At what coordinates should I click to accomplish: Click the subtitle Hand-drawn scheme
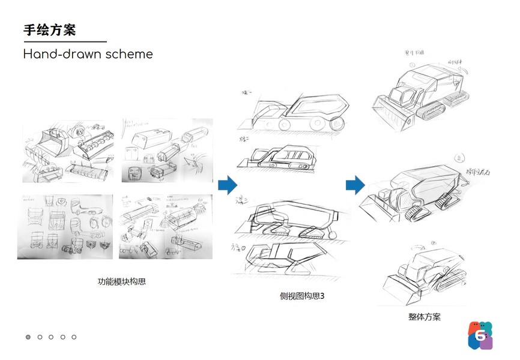[x=88, y=55]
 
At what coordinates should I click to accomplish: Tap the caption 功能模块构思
[x=122, y=281]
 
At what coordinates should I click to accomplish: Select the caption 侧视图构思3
[x=301, y=296]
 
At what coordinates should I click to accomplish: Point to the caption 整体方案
[x=424, y=316]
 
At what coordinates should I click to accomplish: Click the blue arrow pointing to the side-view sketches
[x=228, y=185]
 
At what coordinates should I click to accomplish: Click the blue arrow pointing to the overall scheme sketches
[x=355, y=185]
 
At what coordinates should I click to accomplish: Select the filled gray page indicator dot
[x=28, y=337]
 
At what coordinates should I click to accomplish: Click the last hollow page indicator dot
[x=74, y=337]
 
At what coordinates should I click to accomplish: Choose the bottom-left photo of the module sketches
[x=65, y=226]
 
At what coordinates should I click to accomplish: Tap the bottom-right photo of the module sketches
[x=166, y=226]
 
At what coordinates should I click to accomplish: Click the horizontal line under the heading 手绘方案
[x=65, y=42]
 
